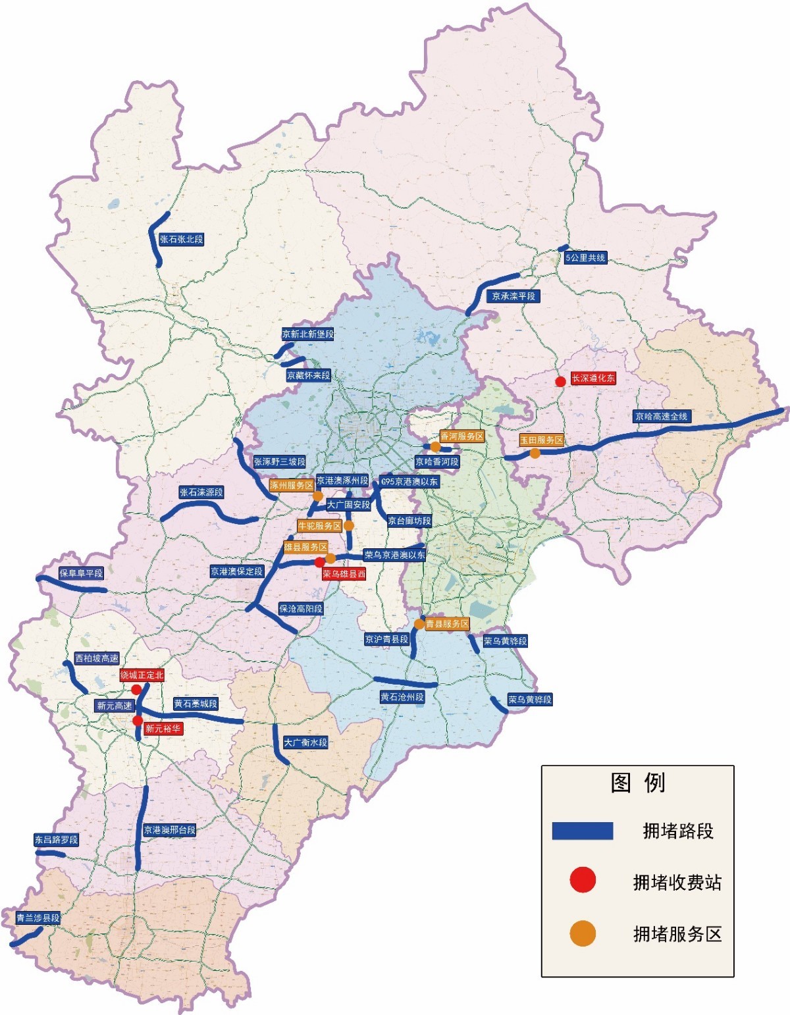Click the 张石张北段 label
tap(181, 240)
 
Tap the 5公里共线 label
tap(585, 258)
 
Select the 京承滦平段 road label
tap(513, 296)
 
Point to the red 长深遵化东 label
tap(592, 378)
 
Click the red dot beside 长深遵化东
tap(560, 382)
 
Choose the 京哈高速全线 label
tap(661, 417)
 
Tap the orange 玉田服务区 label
tap(541, 440)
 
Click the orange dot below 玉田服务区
tap(535, 454)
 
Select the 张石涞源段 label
tap(201, 492)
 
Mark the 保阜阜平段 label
tap(81, 573)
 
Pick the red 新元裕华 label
tap(163, 729)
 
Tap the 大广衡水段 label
tap(305, 742)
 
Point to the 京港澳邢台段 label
tap(169, 830)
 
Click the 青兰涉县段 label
tap(38, 918)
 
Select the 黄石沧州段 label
tap(402, 697)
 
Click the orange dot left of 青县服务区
tap(419, 624)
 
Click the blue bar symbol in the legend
tap(582, 831)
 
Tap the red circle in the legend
tap(583, 880)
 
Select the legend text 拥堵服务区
tap(677, 934)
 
